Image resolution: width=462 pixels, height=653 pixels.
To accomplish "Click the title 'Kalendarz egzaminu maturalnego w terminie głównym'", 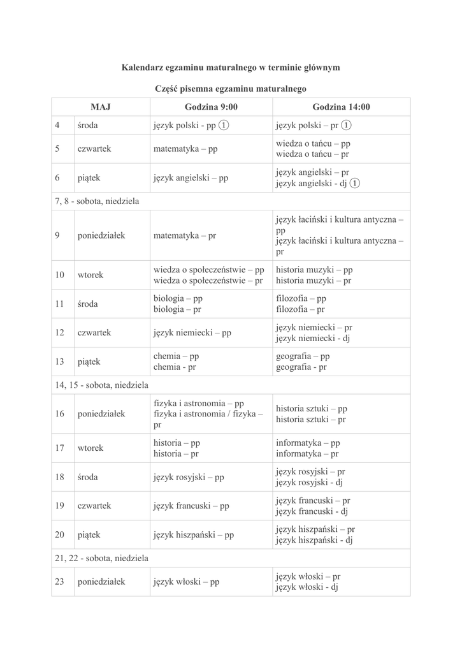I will (231, 67).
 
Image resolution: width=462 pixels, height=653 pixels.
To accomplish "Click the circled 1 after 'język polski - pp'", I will (224, 125).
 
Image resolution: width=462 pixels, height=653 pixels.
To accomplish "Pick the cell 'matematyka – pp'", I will (185, 149).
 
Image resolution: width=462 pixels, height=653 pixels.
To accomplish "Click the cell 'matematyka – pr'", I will (185, 235).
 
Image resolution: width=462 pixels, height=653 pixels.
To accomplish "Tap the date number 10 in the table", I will (60, 275).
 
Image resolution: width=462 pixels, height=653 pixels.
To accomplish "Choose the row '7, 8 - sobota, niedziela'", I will (97, 201).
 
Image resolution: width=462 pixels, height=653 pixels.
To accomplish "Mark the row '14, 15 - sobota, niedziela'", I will (101, 385).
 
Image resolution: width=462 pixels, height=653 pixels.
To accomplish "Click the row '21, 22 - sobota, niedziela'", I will (101, 558).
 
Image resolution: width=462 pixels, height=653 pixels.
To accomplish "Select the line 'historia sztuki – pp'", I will (311, 408).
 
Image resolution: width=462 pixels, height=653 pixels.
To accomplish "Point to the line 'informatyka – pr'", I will (307, 453).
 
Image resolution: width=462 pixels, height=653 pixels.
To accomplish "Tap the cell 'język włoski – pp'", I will (186, 582).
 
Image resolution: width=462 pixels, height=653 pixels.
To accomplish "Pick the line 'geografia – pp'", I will (303, 356).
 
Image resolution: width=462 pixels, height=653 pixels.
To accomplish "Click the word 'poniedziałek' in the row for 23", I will (101, 582).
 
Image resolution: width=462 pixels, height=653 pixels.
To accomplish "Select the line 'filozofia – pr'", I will (300, 309).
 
